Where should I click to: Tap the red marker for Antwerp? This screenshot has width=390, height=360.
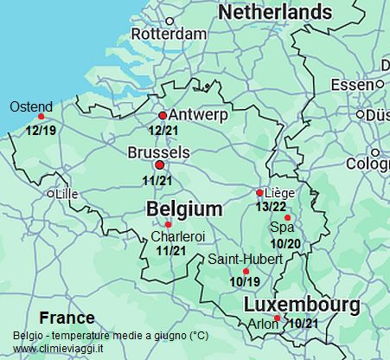pos(163,115)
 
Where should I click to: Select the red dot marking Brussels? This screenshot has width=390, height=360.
pos(158,164)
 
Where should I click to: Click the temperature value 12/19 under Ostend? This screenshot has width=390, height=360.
pos(41,131)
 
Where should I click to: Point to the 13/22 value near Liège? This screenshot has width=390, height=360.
pos(272,206)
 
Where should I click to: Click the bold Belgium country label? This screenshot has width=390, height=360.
pos(184,209)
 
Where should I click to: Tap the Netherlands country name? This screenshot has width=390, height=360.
pos(274,12)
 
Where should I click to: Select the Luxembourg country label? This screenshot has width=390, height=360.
pos(301,305)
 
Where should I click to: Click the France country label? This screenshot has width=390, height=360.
pos(67,318)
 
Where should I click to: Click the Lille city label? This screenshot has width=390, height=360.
pos(66,195)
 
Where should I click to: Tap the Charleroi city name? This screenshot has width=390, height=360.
pos(178,236)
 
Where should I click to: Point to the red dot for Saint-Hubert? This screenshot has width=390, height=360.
pos(246,271)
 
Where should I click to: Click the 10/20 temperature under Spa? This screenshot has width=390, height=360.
pos(285,243)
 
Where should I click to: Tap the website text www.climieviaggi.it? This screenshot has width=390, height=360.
pos(58,348)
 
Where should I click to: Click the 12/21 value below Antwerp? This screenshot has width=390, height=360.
pos(163,131)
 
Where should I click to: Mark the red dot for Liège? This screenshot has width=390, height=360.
pos(259,192)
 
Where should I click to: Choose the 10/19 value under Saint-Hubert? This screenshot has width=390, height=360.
pos(245,281)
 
